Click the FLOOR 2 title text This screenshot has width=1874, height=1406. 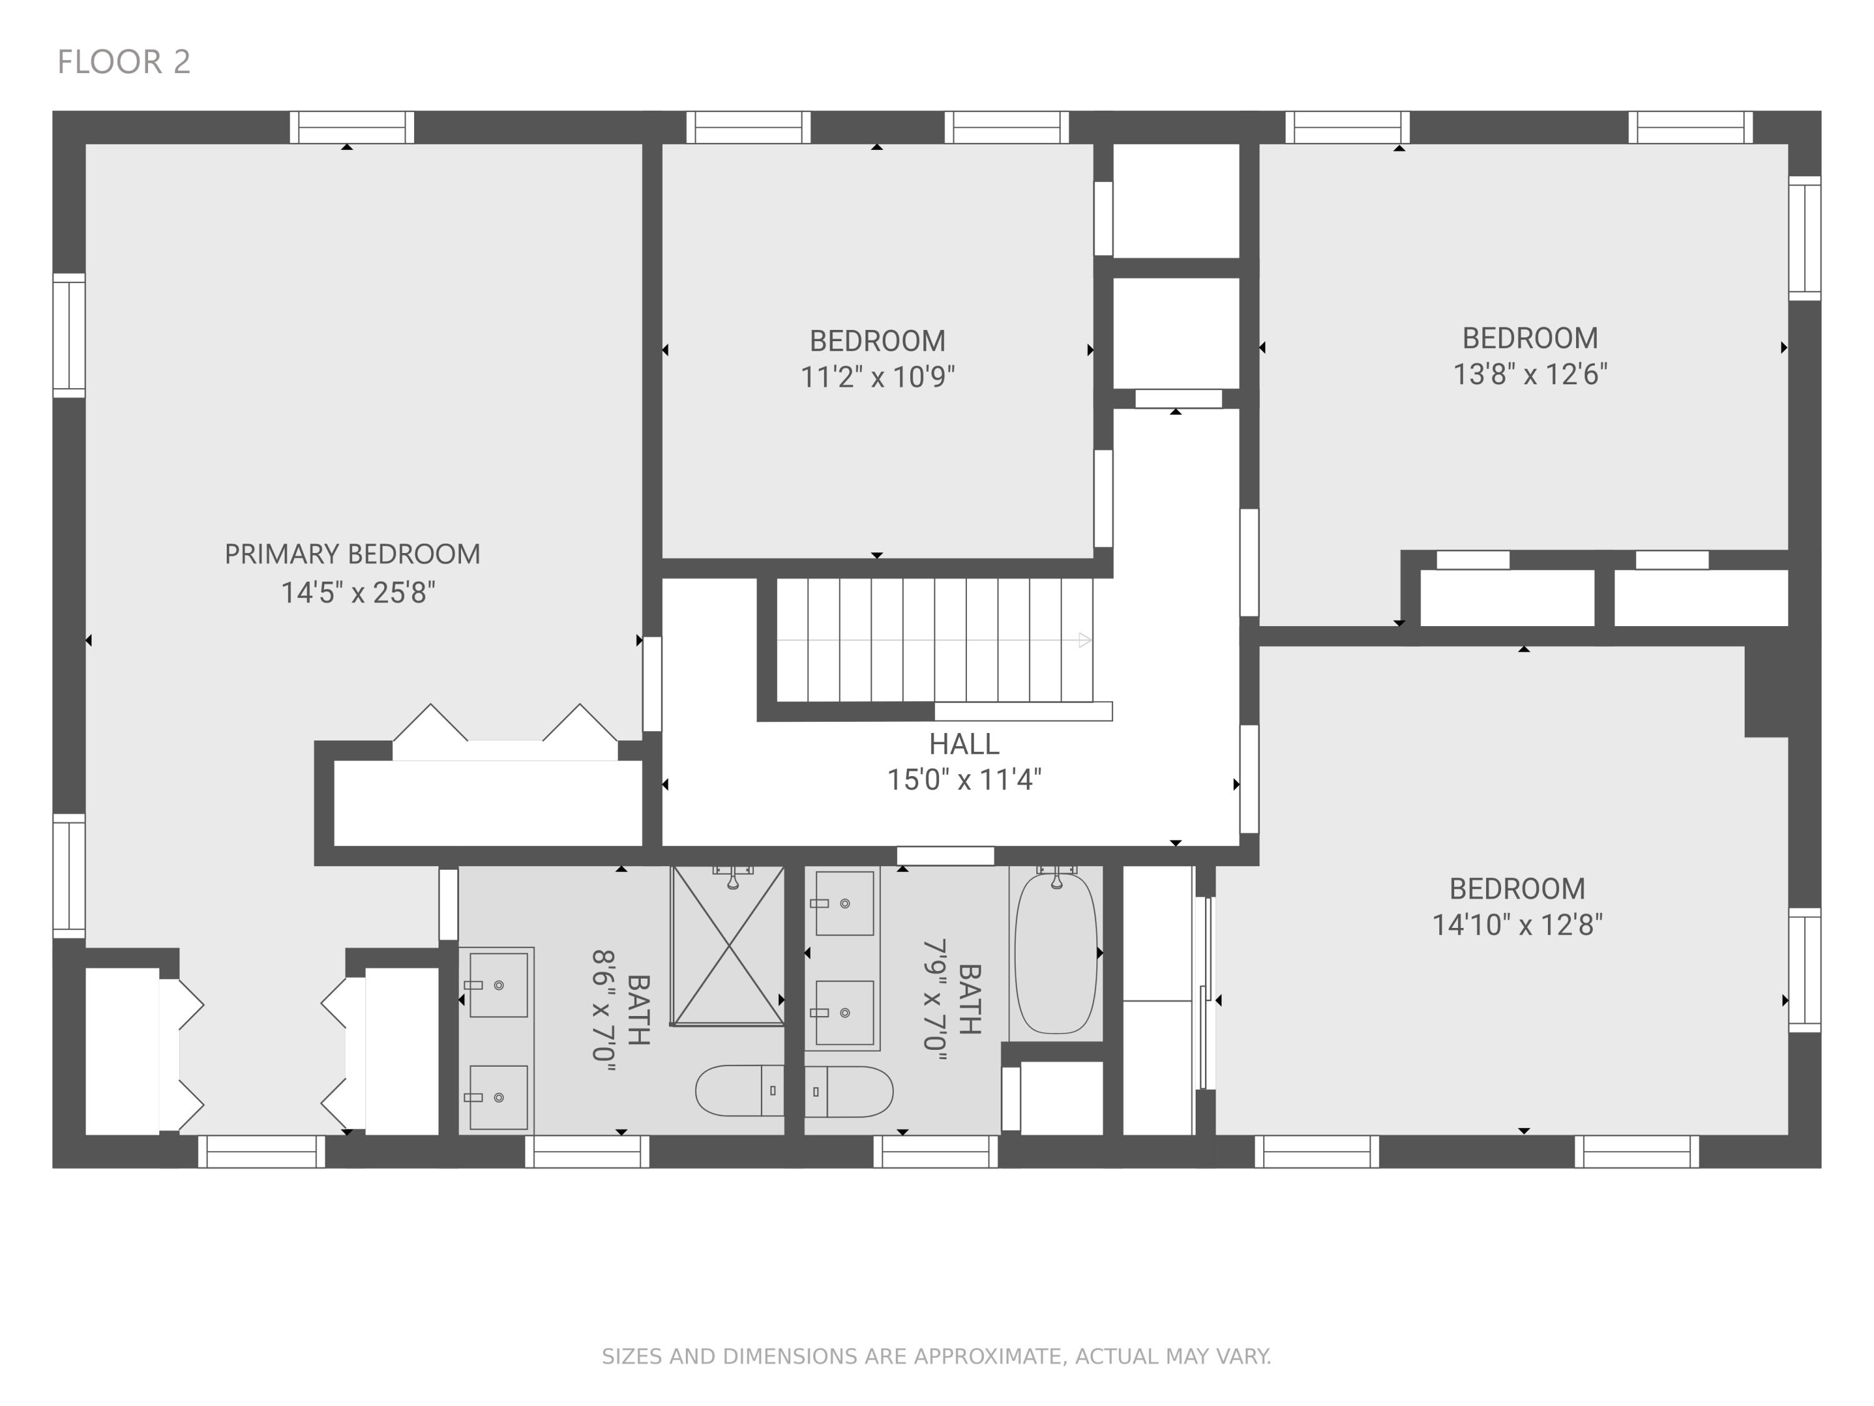tap(124, 62)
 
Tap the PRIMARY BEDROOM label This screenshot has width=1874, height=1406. tap(352, 554)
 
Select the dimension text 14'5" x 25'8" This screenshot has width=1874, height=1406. tap(359, 592)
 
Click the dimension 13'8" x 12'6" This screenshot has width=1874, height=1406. tap(1530, 374)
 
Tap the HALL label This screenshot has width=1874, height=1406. tap(964, 744)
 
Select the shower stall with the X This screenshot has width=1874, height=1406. tap(728, 946)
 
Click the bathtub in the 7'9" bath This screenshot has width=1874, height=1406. tap(1056, 954)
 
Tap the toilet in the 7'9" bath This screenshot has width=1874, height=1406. tap(849, 1092)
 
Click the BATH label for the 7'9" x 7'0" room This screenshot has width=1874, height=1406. tap(969, 999)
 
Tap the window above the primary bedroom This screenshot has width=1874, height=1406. tap(352, 127)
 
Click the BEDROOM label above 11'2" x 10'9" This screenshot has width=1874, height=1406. tap(878, 341)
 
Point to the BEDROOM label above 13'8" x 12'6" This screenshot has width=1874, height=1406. tap(1530, 338)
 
